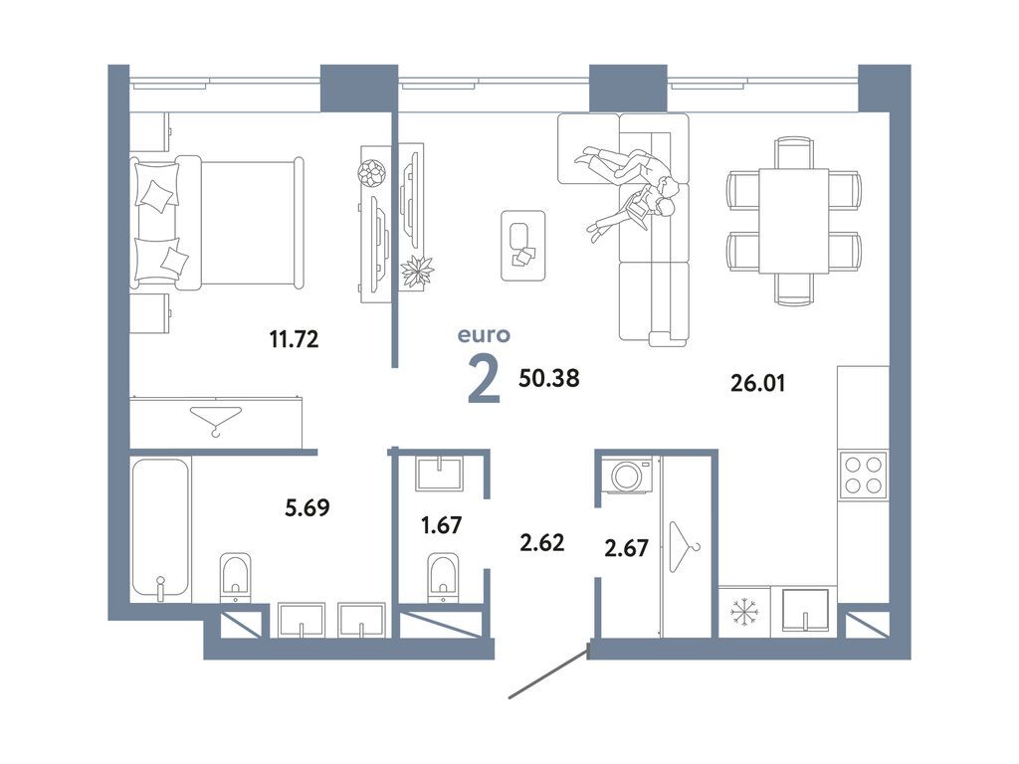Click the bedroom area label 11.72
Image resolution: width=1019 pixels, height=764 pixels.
tap(294, 339)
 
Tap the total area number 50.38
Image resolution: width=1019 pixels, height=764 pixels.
tap(549, 377)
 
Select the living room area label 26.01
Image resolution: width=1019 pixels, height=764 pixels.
tap(757, 383)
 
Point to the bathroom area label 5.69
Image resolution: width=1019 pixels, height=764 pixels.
tap(307, 506)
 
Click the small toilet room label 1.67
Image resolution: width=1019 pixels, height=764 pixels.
tap(441, 524)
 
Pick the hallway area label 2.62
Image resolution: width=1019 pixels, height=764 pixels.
tap(542, 542)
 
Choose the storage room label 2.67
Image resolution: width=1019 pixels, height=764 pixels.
tap(627, 548)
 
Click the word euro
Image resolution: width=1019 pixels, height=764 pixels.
tap(485, 335)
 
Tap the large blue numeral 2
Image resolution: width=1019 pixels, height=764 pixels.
tap(485, 381)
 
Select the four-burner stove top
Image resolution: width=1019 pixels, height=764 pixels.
tap(863, 476)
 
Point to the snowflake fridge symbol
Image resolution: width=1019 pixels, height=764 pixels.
tap(744, 612)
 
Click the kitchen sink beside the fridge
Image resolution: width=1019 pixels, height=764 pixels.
tap(805, 610)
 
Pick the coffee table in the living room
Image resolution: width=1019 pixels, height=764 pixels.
tap(522, 245)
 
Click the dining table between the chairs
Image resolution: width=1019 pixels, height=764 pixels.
tap(793, 221)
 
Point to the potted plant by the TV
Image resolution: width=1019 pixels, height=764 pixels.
tap(417, 272)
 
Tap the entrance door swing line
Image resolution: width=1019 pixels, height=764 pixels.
tap(549, 671)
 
